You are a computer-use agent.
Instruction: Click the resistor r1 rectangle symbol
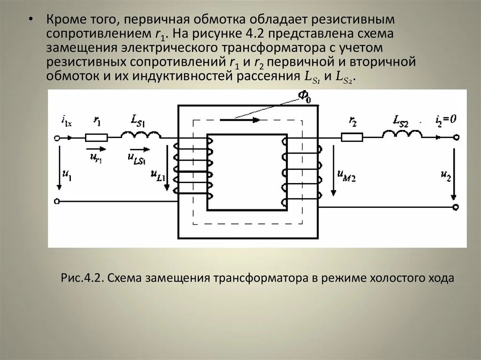pyautogui.click(x=96, y=138)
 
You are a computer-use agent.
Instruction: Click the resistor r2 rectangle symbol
pyautogui.click(x=352, y=137)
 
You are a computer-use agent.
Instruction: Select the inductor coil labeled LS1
pyautogui.click(x=141, y=135)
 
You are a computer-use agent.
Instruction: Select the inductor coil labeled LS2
pyautogui.click(x=402, y=135)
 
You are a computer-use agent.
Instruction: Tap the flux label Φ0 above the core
pyautogui.click(x=303, y=97)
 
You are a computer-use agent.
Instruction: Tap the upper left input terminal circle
pyautogui.click(x=57, y=138)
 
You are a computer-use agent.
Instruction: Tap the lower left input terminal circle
pyautogui.click(x=57, y=201)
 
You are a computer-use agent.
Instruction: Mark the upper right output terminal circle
pyautogui.click(x=455, y=138)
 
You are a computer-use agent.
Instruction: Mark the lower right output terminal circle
pyautogui.click(x=455, y=207)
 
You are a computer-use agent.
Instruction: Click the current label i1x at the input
pyautogui.click(x=66, y=122)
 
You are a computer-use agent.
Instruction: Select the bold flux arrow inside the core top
pyautogui.click(x=240, y=120)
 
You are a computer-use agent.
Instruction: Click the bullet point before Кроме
pyautogui.click(x=31, y=20)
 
